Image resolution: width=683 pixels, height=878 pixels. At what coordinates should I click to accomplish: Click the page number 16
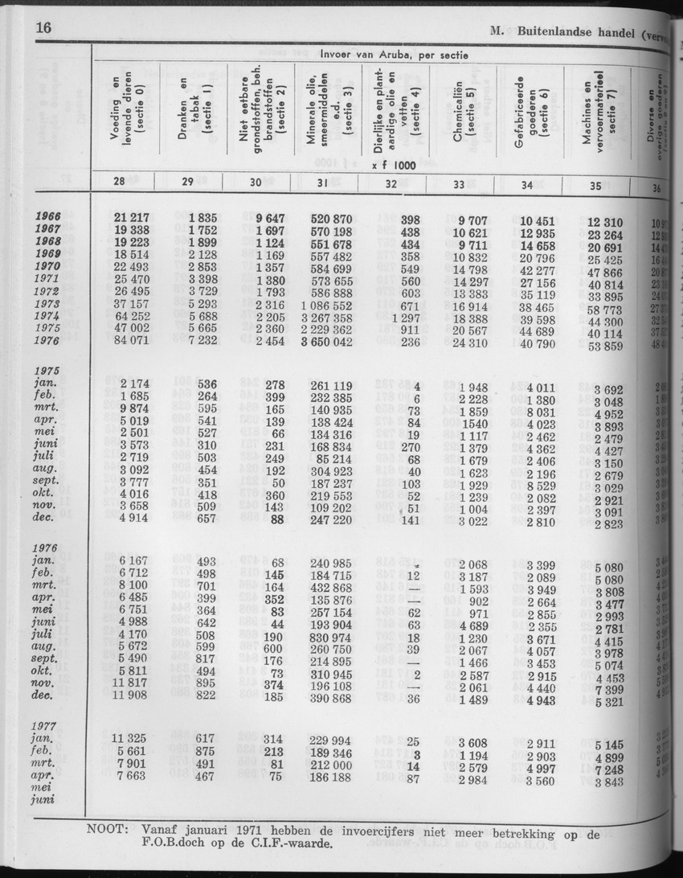pyautogui.click(x=44, y=31)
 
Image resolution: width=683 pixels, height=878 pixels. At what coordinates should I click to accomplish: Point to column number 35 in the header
pyautogui.click(x=595, y=186)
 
